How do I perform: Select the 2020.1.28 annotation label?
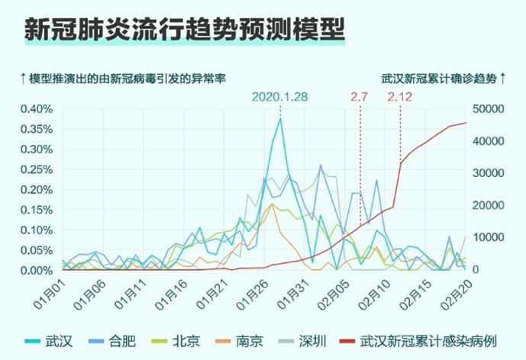point(280,97)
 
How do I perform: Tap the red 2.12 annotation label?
point(400,97)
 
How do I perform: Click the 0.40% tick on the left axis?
point(36,108)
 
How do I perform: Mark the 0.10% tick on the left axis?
point(36,230)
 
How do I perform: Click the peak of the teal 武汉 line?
point(280,118)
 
